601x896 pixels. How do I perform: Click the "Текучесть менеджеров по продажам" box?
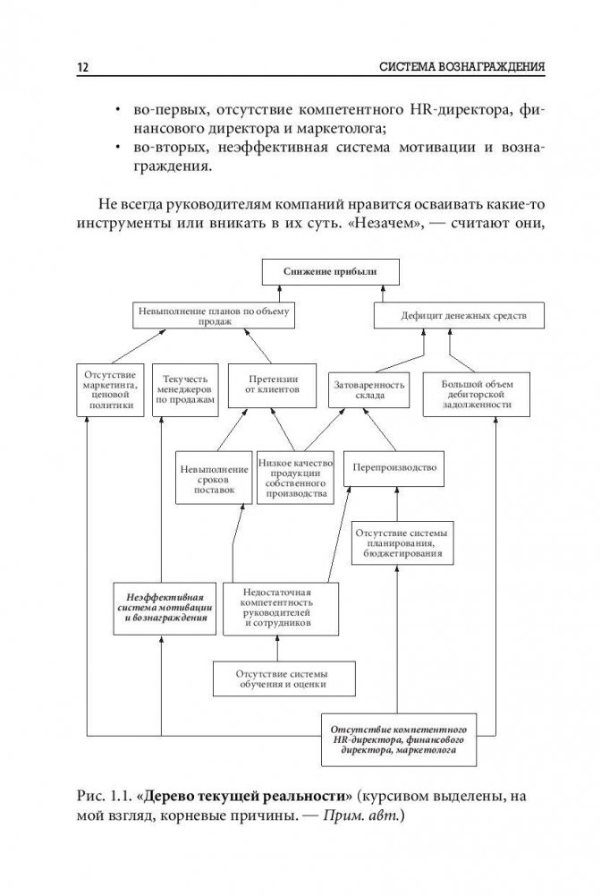pyautogui.click(x=184, y=389)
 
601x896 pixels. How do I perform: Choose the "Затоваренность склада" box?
pyautogui.click(x=369, y=388)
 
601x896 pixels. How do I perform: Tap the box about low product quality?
pyautogui.click(x=294, y=477)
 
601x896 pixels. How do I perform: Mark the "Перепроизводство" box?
pyautogui.click(x=394, y=467)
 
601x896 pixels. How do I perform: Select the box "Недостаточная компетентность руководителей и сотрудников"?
pyautogui.click(x=281, y=608)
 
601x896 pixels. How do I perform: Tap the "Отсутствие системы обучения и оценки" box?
pyautogui.click(x=281, y=678)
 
